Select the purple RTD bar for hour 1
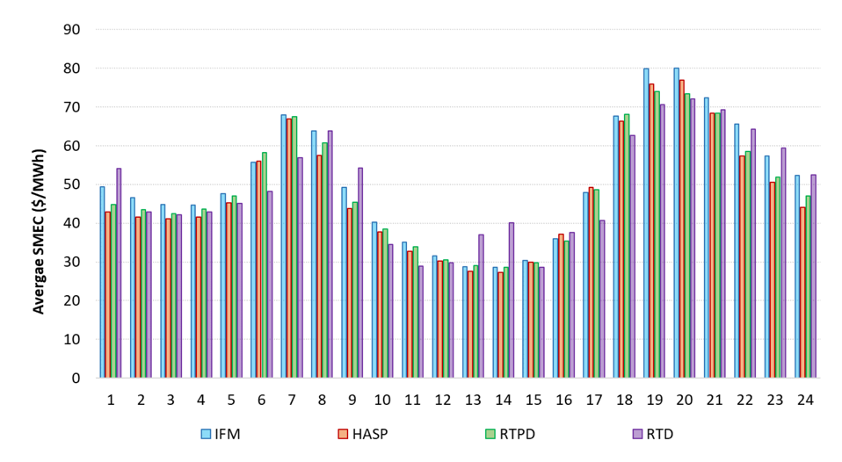119,273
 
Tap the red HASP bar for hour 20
681,228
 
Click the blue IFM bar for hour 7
284,246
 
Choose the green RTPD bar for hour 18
628,246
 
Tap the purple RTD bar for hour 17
602,299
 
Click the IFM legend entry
220,433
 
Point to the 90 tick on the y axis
70,30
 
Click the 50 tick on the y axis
70,184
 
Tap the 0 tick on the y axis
75,378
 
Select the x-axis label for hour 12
442,400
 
